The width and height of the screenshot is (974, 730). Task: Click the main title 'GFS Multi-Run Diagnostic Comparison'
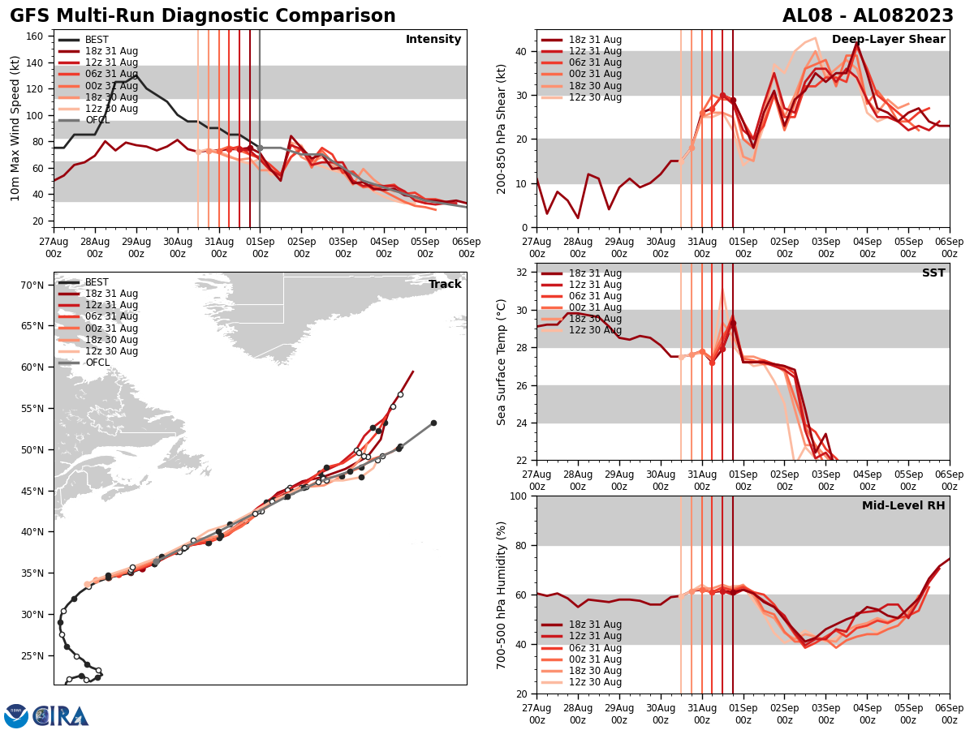203,16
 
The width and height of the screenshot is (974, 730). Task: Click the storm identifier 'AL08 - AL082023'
868,16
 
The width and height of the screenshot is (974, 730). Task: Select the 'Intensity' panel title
433,40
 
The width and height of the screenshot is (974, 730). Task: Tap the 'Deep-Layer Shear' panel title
888,40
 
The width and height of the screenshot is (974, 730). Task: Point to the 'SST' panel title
933,273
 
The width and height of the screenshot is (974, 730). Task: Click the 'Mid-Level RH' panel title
903,506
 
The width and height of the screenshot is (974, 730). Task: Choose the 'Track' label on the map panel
445,285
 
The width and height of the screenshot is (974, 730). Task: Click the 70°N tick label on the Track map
32,286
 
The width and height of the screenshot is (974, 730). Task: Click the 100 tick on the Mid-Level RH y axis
519,496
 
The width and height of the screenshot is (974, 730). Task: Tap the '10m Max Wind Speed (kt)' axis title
15,127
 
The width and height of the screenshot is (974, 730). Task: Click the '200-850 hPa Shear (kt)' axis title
502,128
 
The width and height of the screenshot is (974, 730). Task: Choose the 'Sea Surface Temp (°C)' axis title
502,362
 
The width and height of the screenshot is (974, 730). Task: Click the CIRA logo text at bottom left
61,716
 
